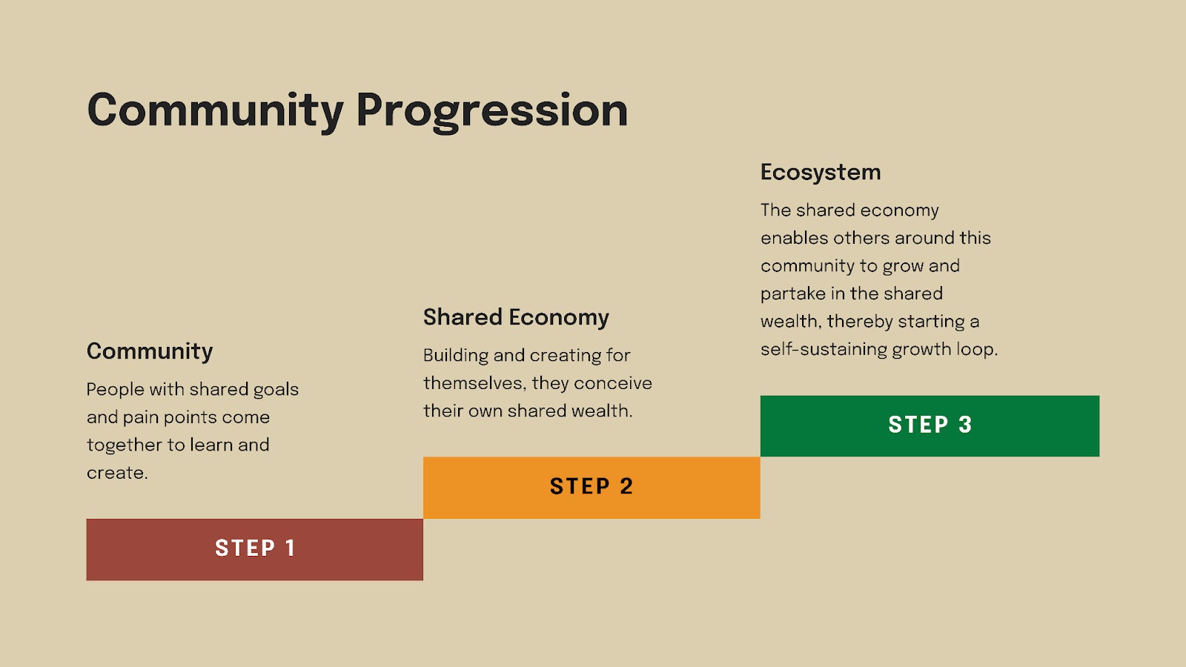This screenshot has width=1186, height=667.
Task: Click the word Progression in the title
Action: pos(491,111)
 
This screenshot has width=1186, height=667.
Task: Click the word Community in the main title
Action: pos(215,111)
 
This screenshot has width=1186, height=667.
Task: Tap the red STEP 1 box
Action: pos(254,549)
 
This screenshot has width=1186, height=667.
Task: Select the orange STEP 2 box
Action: pos(592,487)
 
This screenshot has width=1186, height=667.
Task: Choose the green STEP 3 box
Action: pos(930,425)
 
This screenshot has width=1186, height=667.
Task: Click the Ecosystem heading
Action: pos(821,172)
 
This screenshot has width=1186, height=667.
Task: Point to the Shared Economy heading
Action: pos(516,317)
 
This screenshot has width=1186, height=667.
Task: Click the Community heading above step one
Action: pos(150,351)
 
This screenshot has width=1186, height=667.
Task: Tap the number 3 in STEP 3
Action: pos(965,425)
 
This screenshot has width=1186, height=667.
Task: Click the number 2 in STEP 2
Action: pos(626,486)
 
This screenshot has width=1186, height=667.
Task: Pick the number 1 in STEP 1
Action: pos(290,548)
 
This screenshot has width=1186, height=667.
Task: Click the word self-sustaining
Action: pos(824,349)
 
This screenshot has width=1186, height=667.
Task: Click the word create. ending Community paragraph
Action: pos(117,473)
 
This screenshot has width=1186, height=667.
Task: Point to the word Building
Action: pos(456,356)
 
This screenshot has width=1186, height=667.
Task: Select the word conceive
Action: pos(613,383)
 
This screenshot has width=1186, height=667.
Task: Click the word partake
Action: pos(792,293)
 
